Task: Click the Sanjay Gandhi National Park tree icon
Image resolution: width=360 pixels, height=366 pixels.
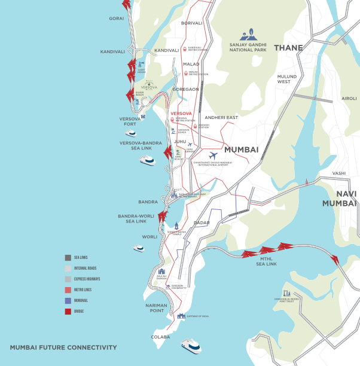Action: point(247,35)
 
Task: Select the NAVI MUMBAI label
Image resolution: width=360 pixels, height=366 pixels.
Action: point(338,199)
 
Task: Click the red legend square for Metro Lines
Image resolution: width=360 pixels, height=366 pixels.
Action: point(68,289)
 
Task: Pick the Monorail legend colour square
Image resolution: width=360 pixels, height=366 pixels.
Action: point(68,300)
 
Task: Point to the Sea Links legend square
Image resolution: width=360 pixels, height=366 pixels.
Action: point(68,258)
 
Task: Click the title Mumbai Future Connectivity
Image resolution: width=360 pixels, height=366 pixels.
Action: point(63,347)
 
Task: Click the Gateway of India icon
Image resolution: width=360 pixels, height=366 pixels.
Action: point(181,316)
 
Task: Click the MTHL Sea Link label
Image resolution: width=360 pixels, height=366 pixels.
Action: point(266,261)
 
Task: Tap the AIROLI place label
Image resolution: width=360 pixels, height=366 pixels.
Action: point(349,98)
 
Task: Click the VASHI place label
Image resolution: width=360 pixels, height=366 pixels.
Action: point(339,173)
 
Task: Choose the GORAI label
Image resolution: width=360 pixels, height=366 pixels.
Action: point(116,19)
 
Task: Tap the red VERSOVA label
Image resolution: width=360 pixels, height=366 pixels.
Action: point(181,113)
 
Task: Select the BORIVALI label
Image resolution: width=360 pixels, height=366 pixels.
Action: point(192,23)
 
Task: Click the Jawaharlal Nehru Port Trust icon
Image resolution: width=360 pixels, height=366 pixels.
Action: point(288,293)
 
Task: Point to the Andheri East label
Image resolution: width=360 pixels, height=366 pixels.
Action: point(221,118)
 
